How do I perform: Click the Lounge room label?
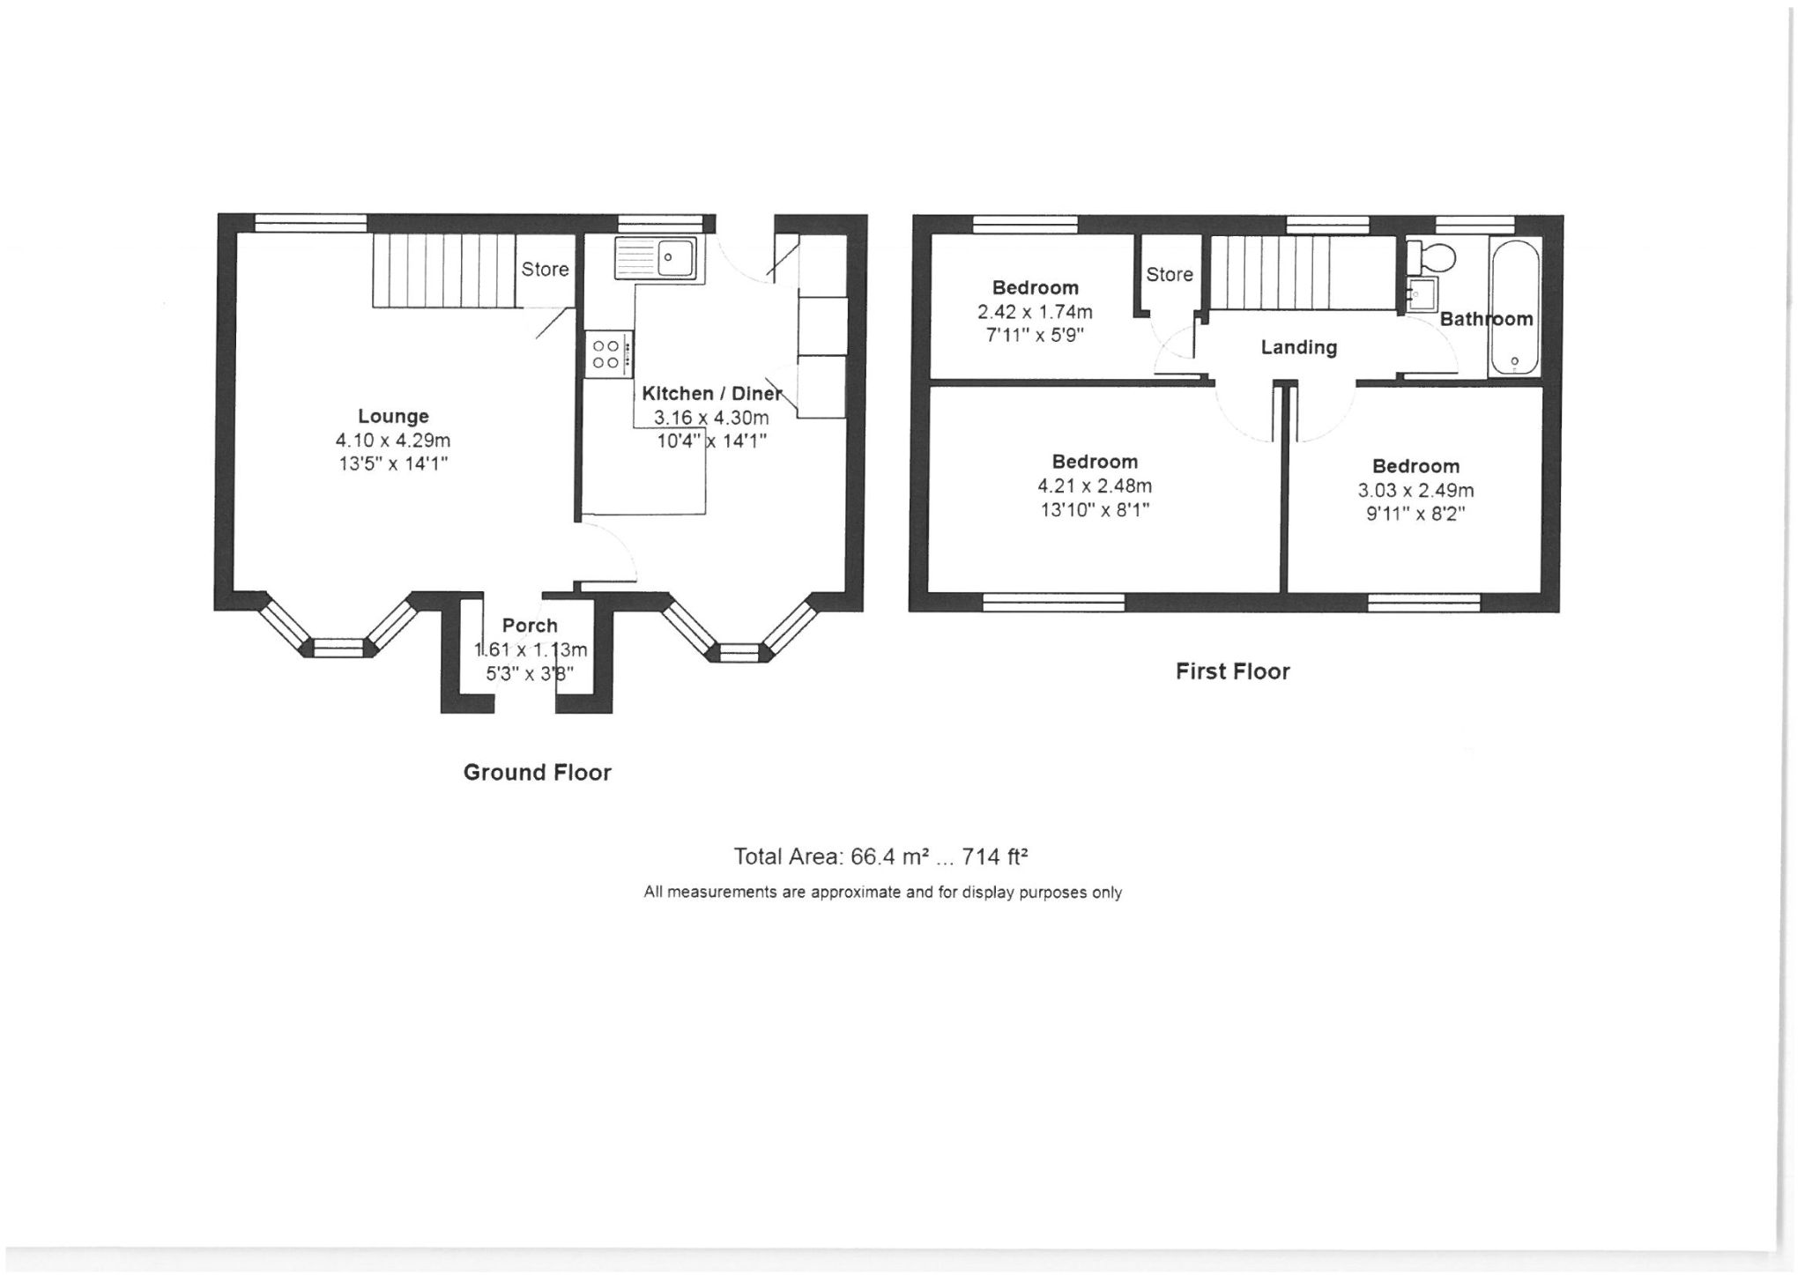393,416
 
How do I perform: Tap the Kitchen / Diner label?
711,394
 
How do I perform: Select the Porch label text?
530,626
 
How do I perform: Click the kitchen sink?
657,257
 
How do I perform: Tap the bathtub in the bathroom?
1515,308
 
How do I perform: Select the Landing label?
1298,348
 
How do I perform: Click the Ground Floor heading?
537,773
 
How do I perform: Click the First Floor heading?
1232,671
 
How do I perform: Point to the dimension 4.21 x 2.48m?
1094,486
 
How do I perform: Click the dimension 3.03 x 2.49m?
1415,491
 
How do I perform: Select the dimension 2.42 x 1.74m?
1035,312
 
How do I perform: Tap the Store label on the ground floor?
545,270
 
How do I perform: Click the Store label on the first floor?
1170,275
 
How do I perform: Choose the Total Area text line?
881,856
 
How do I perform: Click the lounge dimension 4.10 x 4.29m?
393,441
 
